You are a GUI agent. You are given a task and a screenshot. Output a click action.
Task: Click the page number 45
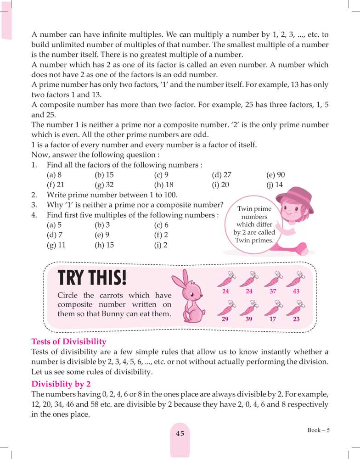click(x=180, y=433)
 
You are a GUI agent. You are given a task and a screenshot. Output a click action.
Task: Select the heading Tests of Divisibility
click(x=68, y=341)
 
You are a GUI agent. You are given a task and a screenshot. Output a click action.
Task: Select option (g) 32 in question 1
click(x=105, y=185)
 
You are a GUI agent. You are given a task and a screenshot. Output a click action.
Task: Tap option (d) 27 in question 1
click(x=221, y=175)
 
